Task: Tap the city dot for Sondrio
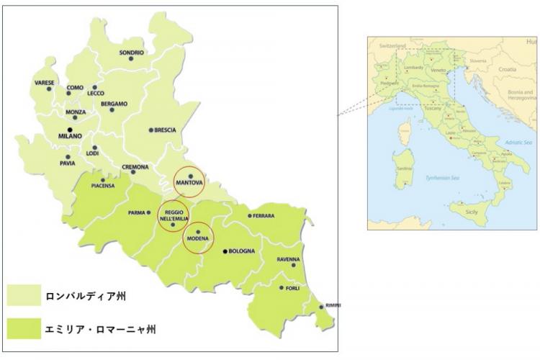click(131, 59)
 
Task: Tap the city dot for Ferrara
click(250, 215)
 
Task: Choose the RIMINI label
click(332, 306)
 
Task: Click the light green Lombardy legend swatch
click(24, 295)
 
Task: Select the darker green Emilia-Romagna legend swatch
click(24, 328)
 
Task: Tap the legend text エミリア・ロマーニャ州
click(100, 329)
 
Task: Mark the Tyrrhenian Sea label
click(441, 176)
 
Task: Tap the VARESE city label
click(44, 83)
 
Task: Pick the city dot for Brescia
click(150, 130)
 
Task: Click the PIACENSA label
click(103, 186)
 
